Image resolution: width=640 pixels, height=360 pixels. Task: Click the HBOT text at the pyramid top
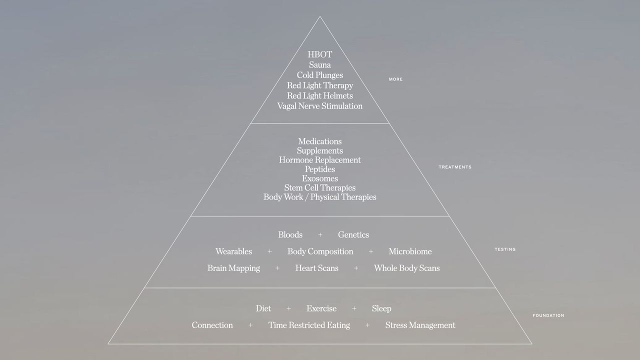pyautogui.click(x=319, y=54)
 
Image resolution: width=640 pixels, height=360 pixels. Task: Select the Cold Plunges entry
pyautogui.click(x=319, y=75)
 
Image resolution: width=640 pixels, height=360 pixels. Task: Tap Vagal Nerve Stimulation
pyautogui.click(x=319, y=106)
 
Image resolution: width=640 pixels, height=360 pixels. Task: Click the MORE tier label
pyautogui.click(x=395, y=79)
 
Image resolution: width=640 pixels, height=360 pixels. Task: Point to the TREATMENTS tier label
pyautogui.click(x=455, y=167)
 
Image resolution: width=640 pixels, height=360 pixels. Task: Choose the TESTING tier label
pyautogui.click(x=505, y=249)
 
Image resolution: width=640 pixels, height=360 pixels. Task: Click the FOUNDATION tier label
pyautogui.click(x=548, y=315)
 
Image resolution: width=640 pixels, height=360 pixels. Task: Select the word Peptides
pyautogui.click(x=319, y=169)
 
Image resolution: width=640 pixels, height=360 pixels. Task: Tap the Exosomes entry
pyautogui.click(x=319, y=178)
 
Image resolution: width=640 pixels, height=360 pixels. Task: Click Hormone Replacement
pyautogui.click(x=319, y=160)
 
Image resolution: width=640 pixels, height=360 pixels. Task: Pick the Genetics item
pyautogui.click(x=353, y=234)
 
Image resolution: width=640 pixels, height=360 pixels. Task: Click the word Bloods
pyautogui.click(x=290, y=234)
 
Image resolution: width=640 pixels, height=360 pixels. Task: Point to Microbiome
pyautogui.click(x=410, y=251)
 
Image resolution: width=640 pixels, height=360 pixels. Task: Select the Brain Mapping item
pyautogui.click(x=233, y=268)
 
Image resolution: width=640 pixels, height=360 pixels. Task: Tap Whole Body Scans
pyautogui.click(x=407, y=268)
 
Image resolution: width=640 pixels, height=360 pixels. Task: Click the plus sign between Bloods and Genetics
pyautogui.click(x=320, y=234)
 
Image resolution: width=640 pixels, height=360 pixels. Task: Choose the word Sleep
pyautogui.click(x=381, y=308)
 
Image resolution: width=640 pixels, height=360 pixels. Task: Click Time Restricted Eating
pyautogui.click(x=309, y=325)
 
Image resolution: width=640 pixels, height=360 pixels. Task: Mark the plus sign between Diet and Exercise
pyautogui.click(x=288, y=308)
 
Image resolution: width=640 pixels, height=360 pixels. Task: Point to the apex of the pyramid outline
pyautogui.click(x=320, y=16)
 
